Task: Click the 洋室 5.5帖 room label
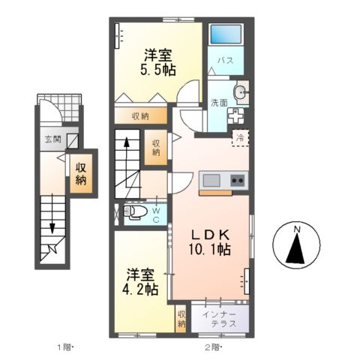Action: click(x=158, y=62)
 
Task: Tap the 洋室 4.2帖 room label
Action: click(x=140, y=282)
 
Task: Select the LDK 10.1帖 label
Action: click(x=209, y=242)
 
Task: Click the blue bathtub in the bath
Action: click(x=226, y=34)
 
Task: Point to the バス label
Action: click(x=226, y=61)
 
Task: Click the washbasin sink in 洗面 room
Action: click(x=241, y=92)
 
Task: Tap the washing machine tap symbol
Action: click(x=235, y=116)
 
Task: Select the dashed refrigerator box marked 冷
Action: click(x=241, y=137)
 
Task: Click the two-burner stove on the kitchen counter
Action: click(x=237, y=180)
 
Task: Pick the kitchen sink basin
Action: click(x=211, y=181)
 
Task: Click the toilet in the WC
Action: click(x=133, y=212)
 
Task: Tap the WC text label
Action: click(x=156, y=215)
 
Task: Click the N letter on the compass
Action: click(x=297, y=229)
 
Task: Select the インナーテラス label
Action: click(x=220, y=319)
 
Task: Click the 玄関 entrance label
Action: click(x=53, y=139)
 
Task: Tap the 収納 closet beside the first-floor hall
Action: click(x=81, y=173)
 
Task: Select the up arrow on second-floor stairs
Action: click(x=127, y=162)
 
